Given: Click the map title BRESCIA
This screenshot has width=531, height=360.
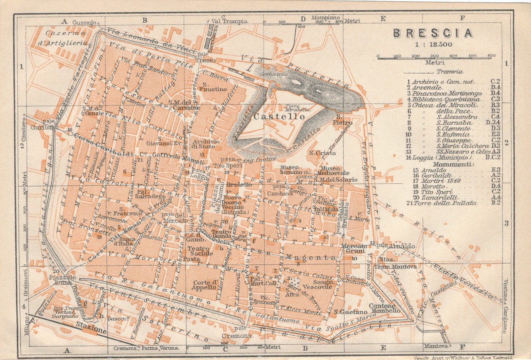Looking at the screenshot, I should point(433,33).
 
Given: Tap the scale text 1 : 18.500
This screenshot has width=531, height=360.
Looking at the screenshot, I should point(433,44).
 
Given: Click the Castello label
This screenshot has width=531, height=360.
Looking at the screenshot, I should point(279,116).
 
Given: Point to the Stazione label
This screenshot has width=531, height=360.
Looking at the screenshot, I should point(91,328).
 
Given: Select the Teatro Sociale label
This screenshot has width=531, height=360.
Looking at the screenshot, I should point(200,251).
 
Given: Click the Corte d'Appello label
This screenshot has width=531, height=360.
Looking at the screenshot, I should point(205,285).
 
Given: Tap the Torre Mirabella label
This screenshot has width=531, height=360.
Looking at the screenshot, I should point(297,108).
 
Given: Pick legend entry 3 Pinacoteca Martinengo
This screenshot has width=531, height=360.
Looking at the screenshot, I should point(446,93).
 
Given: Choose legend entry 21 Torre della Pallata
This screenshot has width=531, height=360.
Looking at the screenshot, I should point(445,203).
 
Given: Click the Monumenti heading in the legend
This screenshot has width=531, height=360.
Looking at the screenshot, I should point(453,164).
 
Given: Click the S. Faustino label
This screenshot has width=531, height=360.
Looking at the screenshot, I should point(213,87).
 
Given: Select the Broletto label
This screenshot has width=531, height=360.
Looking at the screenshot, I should point(239,184).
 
